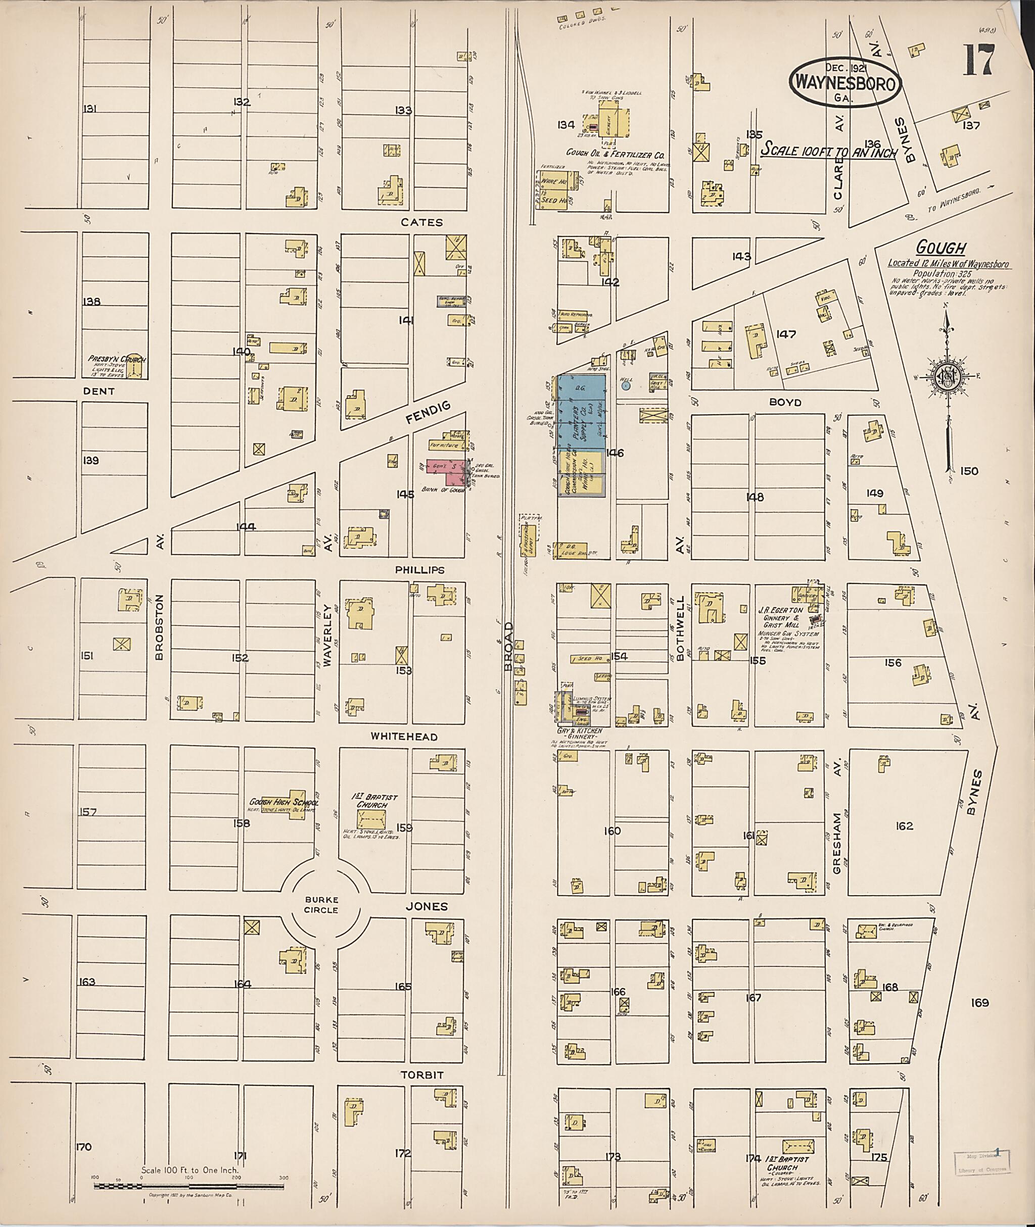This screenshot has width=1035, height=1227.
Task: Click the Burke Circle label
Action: (x=321, y=906)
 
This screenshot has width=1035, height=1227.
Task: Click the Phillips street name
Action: (x=419, y=569)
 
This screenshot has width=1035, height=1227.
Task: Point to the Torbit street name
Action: (x=421, y=1075)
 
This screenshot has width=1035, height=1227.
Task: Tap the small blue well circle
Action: (x=626, y=385)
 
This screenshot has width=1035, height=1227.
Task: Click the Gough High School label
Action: (x=284, y=802)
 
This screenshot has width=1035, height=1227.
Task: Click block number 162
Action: (x=904, y=826)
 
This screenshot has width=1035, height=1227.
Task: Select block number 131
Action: (x=90, y=109)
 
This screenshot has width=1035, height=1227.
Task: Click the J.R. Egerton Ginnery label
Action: (x=779, y=617)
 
